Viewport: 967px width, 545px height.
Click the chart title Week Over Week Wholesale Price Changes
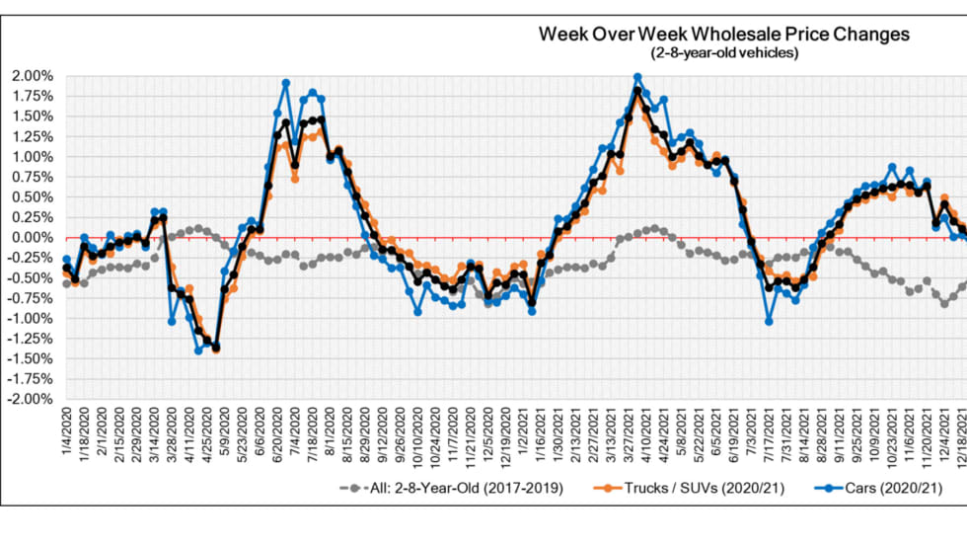point(724,35)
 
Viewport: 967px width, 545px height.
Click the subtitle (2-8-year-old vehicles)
point(724,52)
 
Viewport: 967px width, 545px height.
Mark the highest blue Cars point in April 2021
point(637,77)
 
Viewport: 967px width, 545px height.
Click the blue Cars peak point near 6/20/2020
point(285,84)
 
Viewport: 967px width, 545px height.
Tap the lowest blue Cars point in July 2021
point(769,322)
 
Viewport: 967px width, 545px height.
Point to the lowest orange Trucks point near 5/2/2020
point(215,350)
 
